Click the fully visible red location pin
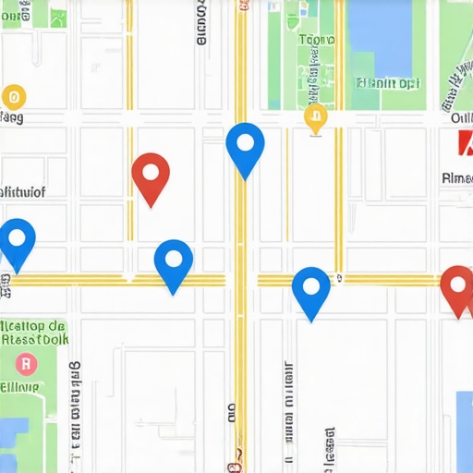[x=151, y=176]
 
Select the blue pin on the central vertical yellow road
[x=245, y=147]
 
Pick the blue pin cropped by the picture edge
[x=16, y=242]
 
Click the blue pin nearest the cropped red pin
[x=311, y=290]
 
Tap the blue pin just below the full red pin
[x=173, y=263]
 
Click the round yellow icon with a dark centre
[x=13, y=95]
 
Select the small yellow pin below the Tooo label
[x=315, y=117]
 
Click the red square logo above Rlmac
[x=465, y=143]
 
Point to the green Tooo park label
[x=317, y=41]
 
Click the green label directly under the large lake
[x=387, y=83]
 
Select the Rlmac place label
[x=457, y=177]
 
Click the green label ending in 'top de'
[x=32, y=326]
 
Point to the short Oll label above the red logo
[x=461, y=118]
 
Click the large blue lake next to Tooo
[x=379, y=37]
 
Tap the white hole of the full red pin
[x=151, y=169]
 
